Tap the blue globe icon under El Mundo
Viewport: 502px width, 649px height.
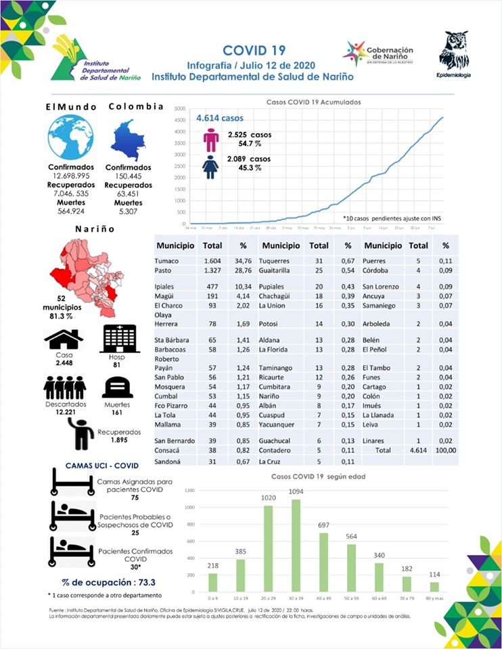click(x=70, y=138)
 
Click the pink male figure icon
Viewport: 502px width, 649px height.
click(x=211, y=140)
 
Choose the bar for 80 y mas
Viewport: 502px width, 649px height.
click(x=434, y=587)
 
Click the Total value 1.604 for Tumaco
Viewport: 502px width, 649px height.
click(x=213, y=260)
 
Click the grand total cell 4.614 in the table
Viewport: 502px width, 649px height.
click(x=419, y=450)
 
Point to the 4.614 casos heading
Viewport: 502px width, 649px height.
click(x=220, y=118)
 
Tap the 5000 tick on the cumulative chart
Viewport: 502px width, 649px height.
click(x=179, y=108)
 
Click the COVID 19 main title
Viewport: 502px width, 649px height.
click(x=254, y=51)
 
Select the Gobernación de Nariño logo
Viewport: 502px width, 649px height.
click(x=378, y=53)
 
